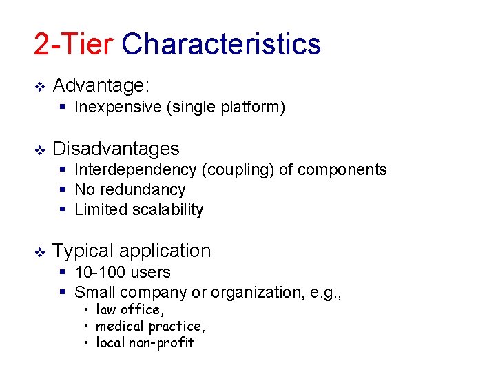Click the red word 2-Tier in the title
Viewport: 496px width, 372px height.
point(73,44)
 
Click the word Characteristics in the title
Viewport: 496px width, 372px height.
point(221,44)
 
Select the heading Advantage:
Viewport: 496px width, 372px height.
point(101,85)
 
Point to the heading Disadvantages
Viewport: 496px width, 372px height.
point(116,149)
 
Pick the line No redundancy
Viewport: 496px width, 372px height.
point(130,189)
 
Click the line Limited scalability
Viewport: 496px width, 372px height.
point(138,209)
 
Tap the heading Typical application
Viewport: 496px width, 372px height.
point(132,251)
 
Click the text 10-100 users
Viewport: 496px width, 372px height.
point(122,273)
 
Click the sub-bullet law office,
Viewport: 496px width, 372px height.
point(130,309)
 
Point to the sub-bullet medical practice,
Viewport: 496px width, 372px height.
point(150,326)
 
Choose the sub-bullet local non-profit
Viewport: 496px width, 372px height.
point(145,342)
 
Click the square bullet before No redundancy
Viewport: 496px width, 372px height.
point(63,190)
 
